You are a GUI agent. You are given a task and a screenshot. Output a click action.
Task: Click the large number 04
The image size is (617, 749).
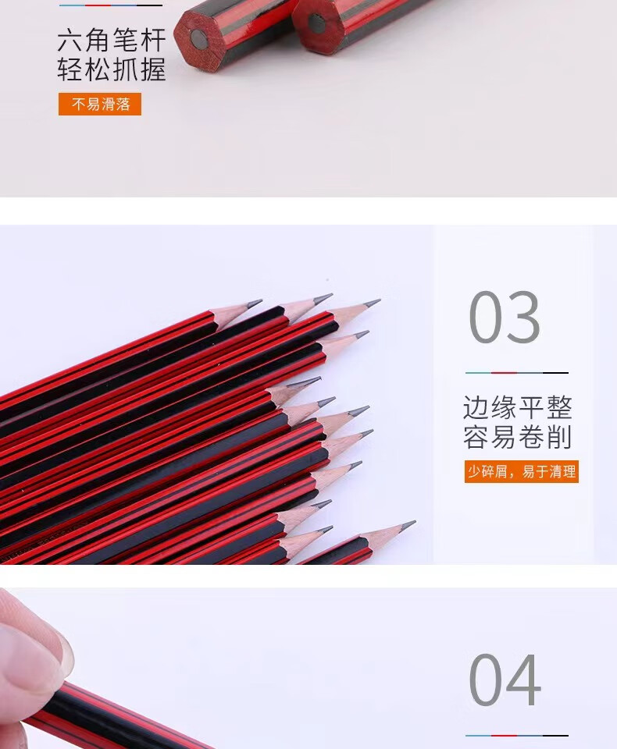coord(505,680)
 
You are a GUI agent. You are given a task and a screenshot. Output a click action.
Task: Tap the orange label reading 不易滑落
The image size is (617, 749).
coord(100,104)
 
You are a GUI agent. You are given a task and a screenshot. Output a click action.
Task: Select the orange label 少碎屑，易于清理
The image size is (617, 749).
coord(522,471)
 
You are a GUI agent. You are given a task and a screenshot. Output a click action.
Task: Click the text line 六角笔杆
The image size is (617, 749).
coord(112,40)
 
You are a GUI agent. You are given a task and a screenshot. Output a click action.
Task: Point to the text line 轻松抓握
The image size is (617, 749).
coord(112,69)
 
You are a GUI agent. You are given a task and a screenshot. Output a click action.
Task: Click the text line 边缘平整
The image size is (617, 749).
coord(518,407)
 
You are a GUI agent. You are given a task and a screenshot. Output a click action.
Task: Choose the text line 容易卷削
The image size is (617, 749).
coord(518,437)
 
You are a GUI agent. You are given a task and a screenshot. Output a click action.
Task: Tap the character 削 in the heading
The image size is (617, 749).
coord(560,437)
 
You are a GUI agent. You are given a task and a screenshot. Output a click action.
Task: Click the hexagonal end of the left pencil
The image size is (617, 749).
coord(197,39)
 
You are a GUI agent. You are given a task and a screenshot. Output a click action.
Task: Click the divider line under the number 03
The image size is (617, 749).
coord(517,373)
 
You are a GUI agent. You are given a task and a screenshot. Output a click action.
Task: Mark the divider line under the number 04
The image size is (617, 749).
coord(517,736)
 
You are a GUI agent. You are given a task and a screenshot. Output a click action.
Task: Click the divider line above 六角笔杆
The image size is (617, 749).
coord(111,5)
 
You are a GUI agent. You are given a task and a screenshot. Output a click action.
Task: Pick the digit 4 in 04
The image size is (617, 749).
coord(524,680)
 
